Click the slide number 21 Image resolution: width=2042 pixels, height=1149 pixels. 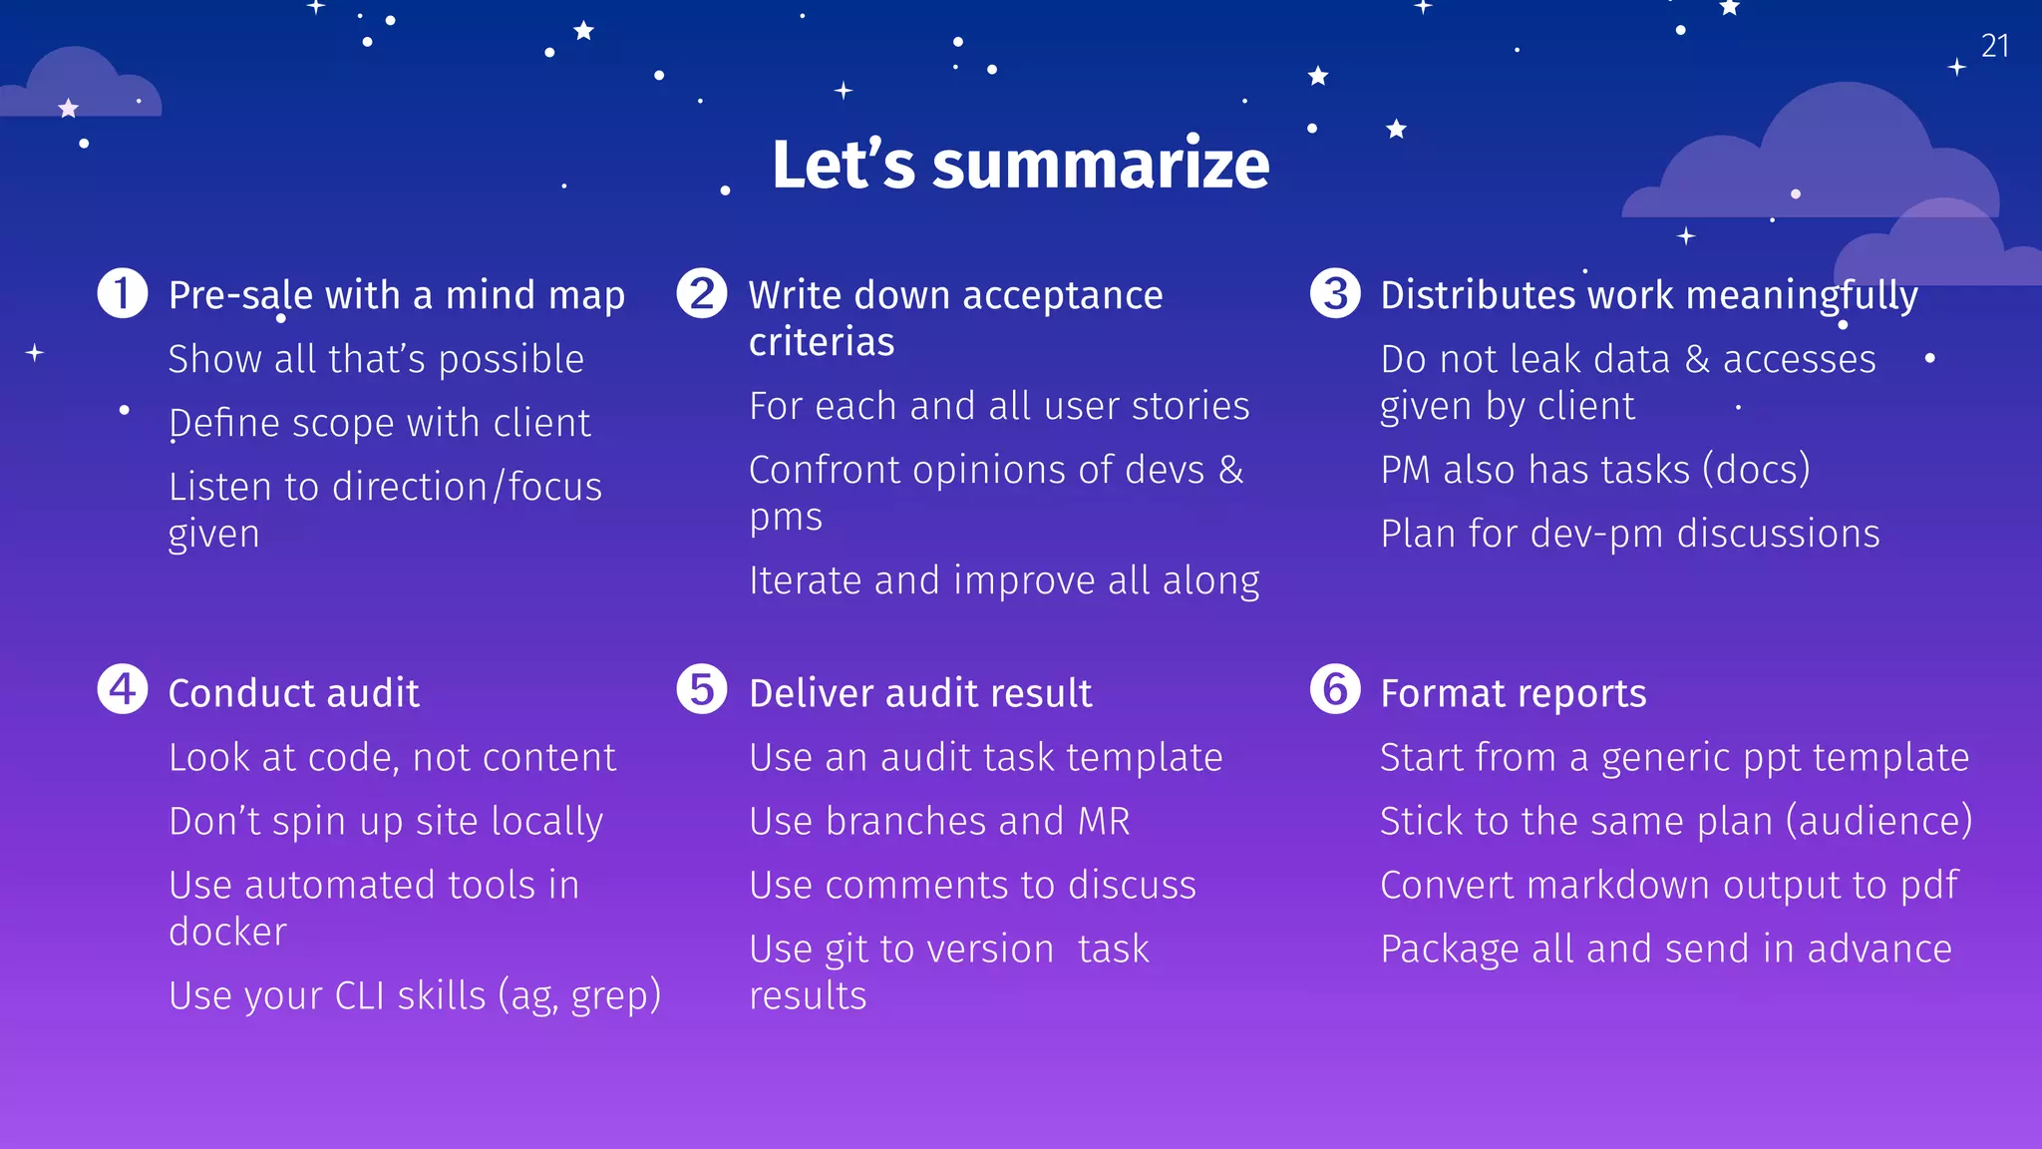click(x=1994, y=46)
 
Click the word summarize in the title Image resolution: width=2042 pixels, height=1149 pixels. click(x=1101, y=165)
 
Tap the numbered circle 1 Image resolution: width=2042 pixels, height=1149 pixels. click(x=123, y=293)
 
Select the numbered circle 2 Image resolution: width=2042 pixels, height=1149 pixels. click(x=702, y=293)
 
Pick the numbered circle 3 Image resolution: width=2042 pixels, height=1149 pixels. click(x=1335, y=293)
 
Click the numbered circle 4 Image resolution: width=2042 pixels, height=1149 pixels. click(x=123, y=689)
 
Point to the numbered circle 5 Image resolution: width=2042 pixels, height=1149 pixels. click(x=702, y=689)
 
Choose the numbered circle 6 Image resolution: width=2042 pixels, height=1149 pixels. click(x=1335, y=689)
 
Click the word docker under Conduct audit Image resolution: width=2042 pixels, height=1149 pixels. click(x=227, y=932)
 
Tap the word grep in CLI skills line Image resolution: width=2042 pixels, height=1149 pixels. click(x=615, y=996)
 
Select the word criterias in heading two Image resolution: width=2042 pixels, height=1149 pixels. click(x=822, y=342)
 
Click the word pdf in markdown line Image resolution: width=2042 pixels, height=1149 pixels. click(x=1929, y=886)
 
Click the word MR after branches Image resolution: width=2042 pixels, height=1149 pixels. click(x=1104, y=822)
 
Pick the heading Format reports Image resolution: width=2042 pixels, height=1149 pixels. click(x=1513, y=693)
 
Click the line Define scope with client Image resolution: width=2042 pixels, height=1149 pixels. click(x=379, y=423)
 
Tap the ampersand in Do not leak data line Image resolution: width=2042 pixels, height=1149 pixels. click(x=1697, y=359)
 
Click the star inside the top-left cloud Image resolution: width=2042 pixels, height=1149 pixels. click(x=68, y=108)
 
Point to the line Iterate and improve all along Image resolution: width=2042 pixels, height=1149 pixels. click(x=1003, y=580)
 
